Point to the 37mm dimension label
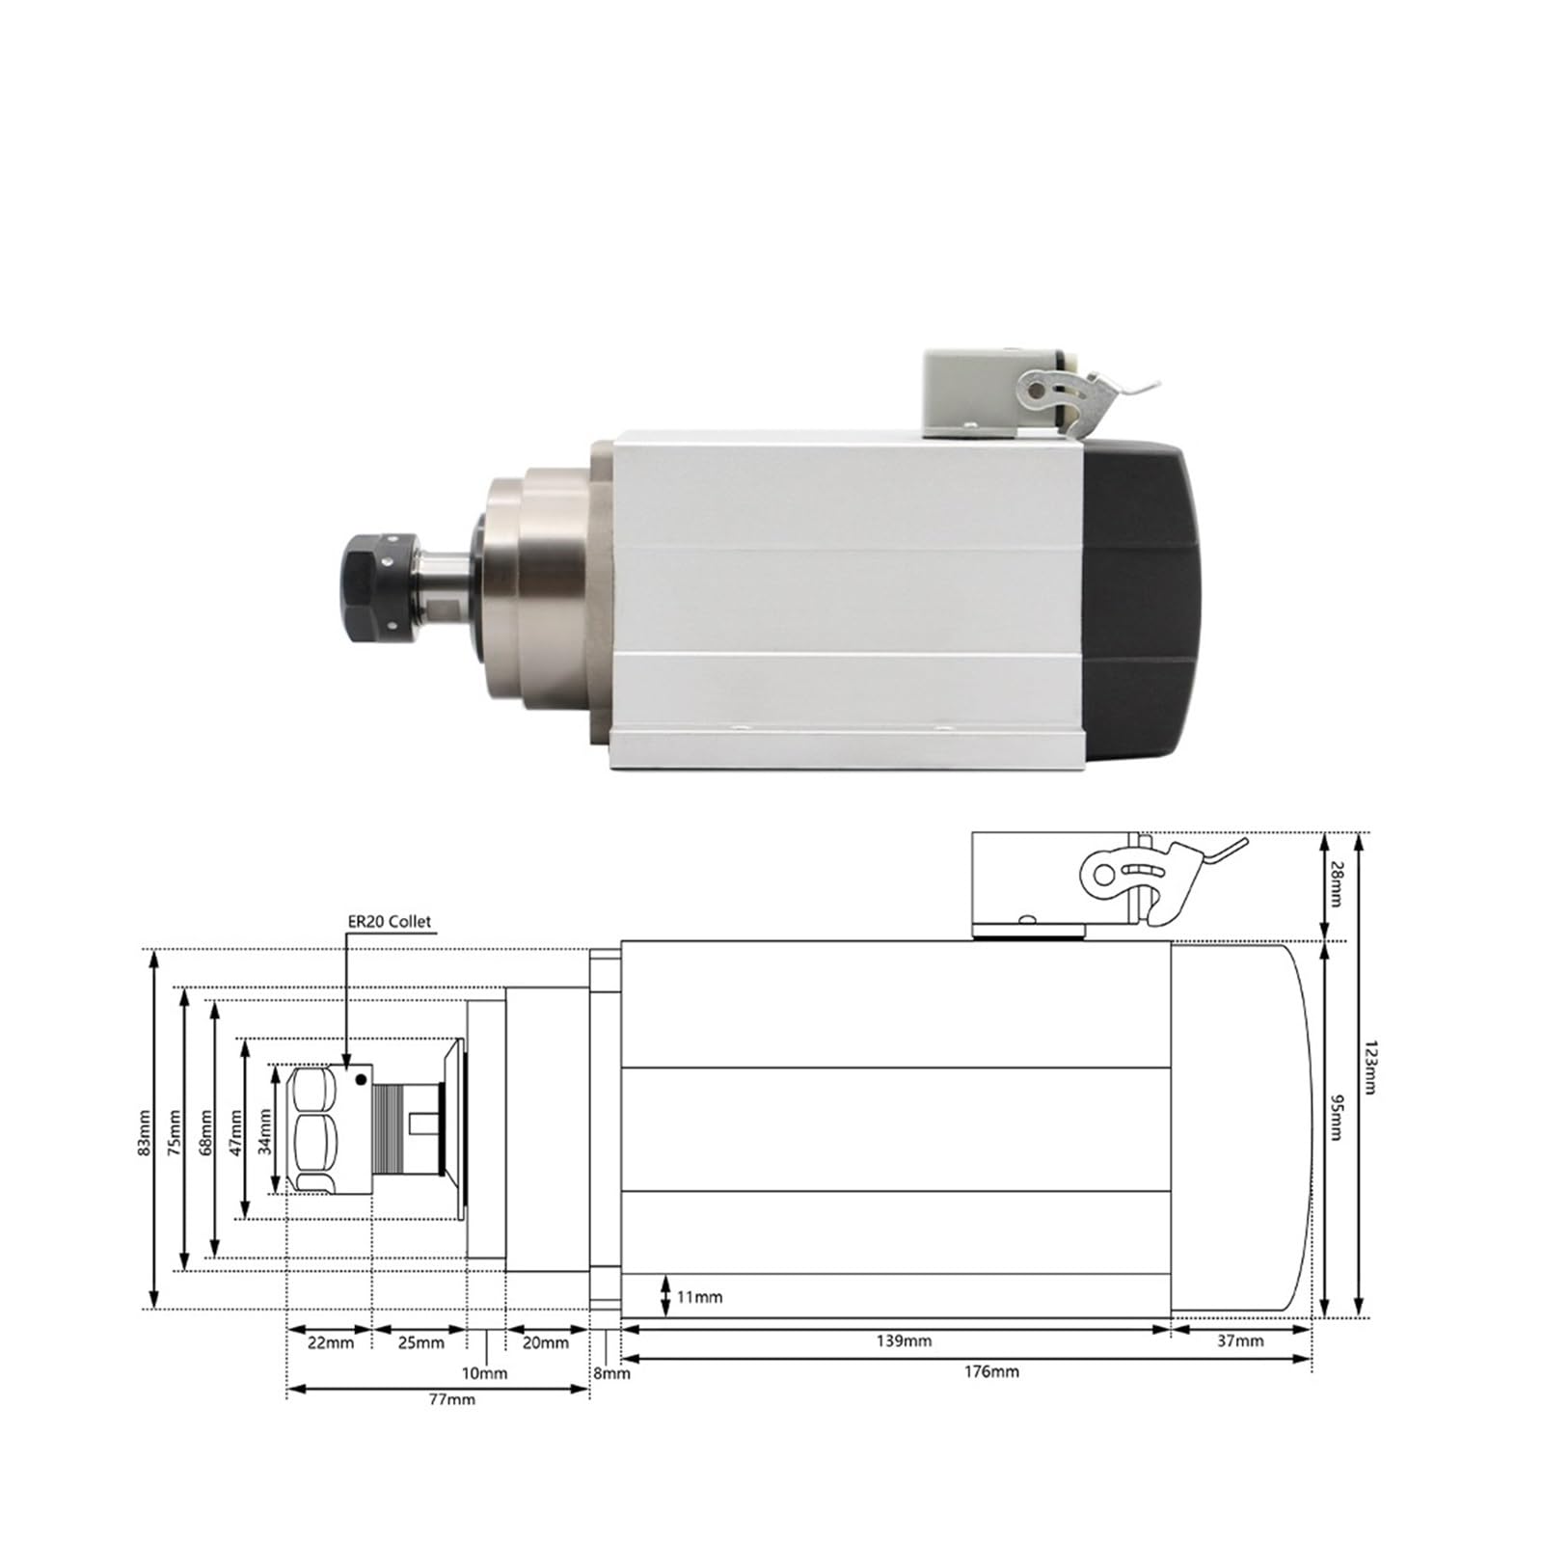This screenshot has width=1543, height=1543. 1239,1340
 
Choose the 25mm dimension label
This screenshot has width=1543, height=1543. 420,1341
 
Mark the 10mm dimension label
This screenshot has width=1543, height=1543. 484,1372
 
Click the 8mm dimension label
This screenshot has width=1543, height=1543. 611,1372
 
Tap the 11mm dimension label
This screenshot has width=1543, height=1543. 698,1297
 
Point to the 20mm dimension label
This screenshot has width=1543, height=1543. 546,1341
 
